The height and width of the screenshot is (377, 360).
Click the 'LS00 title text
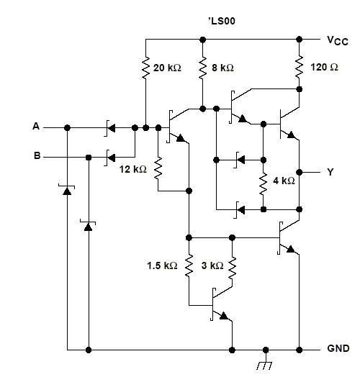tap(222, 21)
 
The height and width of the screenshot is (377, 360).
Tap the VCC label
tap(338, 40)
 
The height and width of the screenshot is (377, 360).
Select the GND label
tap(338, 348)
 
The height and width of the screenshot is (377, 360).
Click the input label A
tap(36, 126)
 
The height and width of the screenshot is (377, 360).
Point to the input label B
tap(37, 155)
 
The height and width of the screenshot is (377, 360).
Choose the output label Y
tap(330, 172)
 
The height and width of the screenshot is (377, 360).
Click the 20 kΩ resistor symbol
tap(145, 68)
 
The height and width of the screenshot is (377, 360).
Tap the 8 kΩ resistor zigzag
tap(202, 68)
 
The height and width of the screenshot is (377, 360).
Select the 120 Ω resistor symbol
tap(299, 67)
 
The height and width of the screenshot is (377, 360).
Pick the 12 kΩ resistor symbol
tap(158, 168)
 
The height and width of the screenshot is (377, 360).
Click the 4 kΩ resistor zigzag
tap(264, 183)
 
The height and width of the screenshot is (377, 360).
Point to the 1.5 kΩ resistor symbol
tap(189, 265)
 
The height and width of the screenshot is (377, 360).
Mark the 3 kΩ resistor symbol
tap(232, 268)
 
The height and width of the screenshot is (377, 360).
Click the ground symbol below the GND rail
tap(265, 363)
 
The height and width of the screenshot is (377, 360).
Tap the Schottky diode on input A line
tap(110, 128)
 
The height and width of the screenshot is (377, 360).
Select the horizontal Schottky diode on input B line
tap(110, 158)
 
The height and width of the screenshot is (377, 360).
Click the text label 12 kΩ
tap(132, 169)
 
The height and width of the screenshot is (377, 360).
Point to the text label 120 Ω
tap(325, 67)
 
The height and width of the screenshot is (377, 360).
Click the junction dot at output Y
tap(299, 172)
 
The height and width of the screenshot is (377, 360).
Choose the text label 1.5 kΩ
tap(162, 265)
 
